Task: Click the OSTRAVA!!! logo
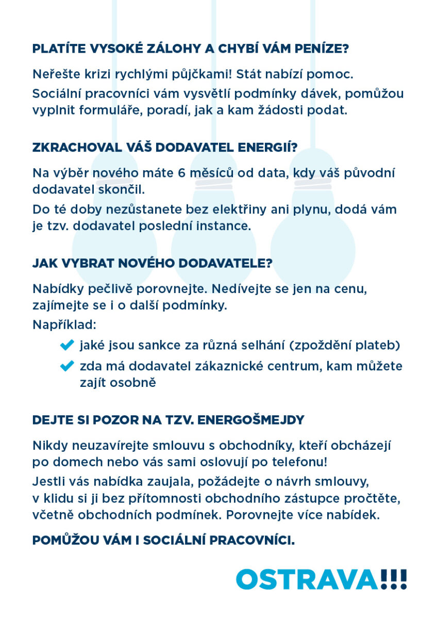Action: [321, 579]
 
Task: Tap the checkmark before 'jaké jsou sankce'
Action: [68, 345]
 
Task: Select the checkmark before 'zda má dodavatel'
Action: [68, 366]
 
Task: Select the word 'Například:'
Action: [64, 325]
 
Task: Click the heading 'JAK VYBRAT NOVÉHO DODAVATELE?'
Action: [152, 263]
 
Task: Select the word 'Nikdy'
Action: [50, 445]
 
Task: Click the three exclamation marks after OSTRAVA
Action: [394, 579]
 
